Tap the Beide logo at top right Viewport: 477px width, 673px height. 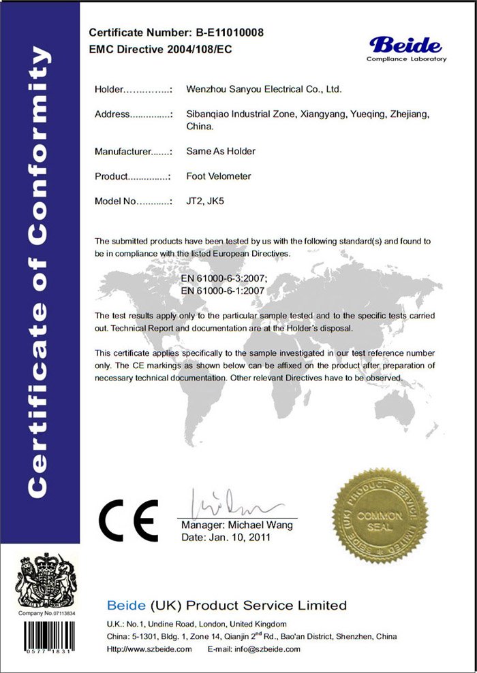coord(406,48)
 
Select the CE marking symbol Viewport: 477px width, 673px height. coord(128,521)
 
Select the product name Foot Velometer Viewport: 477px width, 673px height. coord(219,176)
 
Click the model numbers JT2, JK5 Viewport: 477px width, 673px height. coord(207,201)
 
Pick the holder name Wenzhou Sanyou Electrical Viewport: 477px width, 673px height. coord(264,89)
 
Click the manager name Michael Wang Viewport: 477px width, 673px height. coord(262,525)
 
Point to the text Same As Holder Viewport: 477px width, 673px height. coord(221,151)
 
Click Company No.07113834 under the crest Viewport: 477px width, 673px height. coord(47,614)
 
